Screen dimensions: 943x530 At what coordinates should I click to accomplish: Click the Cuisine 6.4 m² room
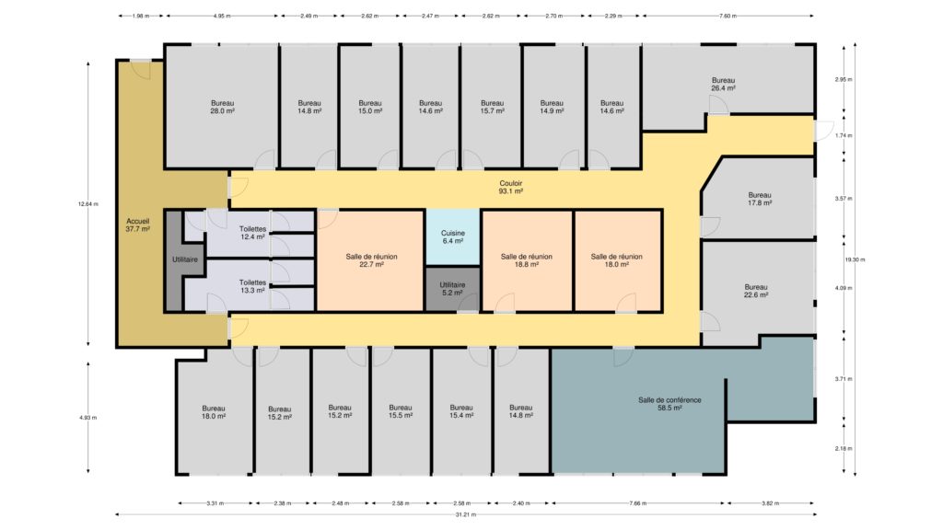[452, 236]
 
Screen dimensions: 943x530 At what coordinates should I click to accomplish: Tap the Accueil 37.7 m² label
[138, 225]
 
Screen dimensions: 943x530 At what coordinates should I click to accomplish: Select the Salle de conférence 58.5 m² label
[669, 404]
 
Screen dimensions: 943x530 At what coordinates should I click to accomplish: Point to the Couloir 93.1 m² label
[510, 188]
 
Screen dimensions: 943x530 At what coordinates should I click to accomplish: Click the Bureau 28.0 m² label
[222, 107]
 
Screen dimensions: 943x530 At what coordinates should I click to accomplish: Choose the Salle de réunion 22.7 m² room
[370, 260]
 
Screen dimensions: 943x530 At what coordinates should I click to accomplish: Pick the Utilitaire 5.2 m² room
[452, 289]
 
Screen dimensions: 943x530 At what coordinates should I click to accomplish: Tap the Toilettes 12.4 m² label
[252, 233]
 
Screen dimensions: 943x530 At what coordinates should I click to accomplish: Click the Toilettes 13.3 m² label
[252, 287]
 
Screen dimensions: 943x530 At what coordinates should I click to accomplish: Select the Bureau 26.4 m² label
[723, 84]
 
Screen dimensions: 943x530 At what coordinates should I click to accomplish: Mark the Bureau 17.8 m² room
[759, 199]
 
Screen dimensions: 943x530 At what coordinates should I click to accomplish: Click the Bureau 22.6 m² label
[756, 291]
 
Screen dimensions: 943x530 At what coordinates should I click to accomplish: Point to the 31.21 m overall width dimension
[465, 514]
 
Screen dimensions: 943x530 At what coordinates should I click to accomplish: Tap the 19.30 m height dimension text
[855, 259]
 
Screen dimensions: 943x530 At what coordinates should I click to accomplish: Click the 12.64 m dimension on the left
[87, 203]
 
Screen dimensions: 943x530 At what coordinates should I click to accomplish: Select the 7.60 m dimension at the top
[728, 17]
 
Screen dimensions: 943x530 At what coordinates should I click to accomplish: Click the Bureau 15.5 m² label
[400, 411]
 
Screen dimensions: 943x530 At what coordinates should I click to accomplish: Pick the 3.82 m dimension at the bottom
[771, 503]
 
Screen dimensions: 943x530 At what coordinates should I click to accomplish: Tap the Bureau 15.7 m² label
[492, 107]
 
